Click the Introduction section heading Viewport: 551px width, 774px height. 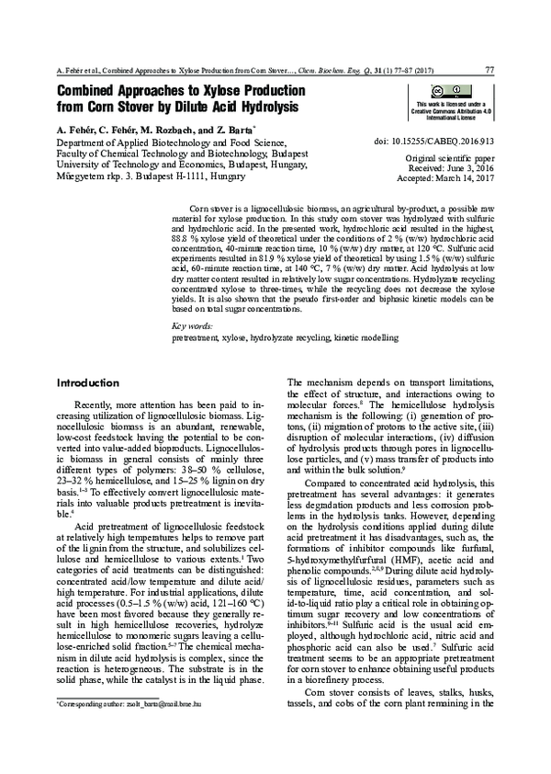88,382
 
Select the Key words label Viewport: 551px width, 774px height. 192,326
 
